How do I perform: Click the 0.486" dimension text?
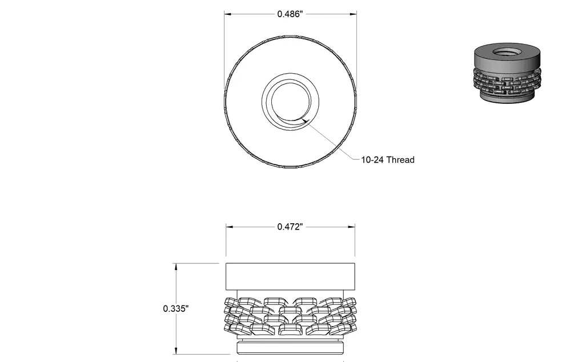point(290,14)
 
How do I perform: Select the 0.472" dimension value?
point(290,227)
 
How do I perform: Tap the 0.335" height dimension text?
point(176,308)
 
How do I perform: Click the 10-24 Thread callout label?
point(387,160)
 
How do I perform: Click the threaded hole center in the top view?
point(291,102)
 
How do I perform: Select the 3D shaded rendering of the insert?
point(508,73)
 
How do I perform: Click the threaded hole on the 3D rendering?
point(508,51)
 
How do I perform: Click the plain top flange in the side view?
point(291,276)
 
